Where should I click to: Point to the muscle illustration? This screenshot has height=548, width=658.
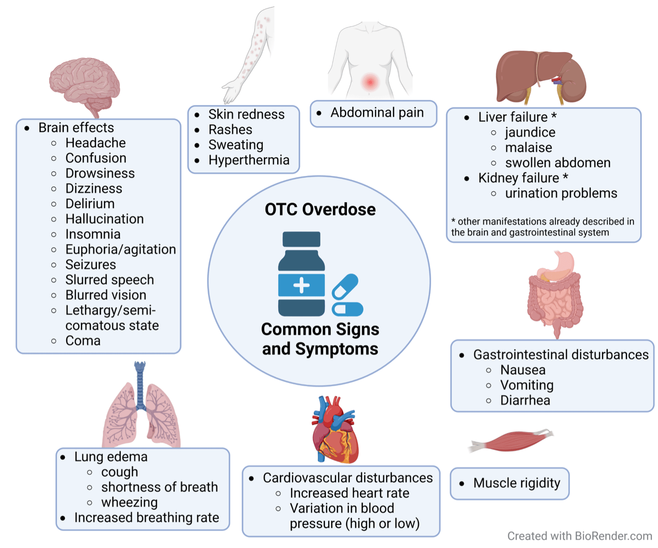pyautogui.click(x=511, y=441)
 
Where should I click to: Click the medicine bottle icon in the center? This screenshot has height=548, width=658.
pyautogui.click(x=301, y=273)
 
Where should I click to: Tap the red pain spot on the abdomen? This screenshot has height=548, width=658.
pyautogui.click(x=370, y=82)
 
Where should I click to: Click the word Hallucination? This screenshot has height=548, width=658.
pyautogui.click(x=104, y=219)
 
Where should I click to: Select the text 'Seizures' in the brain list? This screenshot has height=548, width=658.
pyautogui.click(x=91, y=265)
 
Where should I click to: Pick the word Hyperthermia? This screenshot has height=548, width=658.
pyautogui.click(x=249, y=160)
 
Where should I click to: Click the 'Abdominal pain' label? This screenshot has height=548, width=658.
pyautogui.click(x=377, y=113)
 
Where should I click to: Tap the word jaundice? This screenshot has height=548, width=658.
pyautogui.click(x=531, y=133)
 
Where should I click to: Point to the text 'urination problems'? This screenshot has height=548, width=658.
pyautogui.click(x=561, y=193)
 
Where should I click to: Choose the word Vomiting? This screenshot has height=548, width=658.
pyautogui.click(x=527, y=385)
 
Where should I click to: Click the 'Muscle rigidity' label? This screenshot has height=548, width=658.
pyautogui.click(x=517, y=483)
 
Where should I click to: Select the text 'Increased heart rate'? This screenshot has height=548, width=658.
pyautogui.click(x=350, y=493)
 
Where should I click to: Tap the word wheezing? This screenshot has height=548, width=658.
pyautogui.click(x=129, y=502)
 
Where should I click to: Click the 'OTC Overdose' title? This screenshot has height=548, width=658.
pyautogui.click(x=320, y=209)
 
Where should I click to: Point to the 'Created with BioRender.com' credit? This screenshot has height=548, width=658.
pyautogui.click(x=580, y=536)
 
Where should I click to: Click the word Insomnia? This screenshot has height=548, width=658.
pyautogui.click(x=93, y=234)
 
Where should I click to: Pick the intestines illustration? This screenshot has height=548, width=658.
pyautogui.click(x=555, y=294)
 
